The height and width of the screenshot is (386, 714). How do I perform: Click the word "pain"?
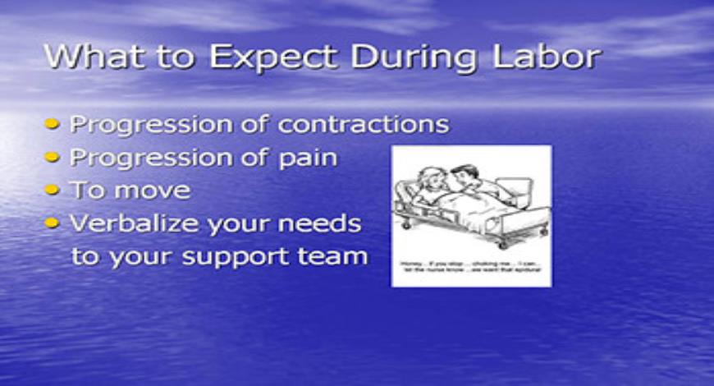pos(309,158)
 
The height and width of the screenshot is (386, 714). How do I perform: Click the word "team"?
pos(332,255)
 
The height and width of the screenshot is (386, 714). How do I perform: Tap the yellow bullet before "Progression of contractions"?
pos(53,125)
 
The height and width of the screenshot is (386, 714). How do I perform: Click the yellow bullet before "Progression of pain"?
pos(53,158)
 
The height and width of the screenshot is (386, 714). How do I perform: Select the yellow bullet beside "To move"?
pos(53,191)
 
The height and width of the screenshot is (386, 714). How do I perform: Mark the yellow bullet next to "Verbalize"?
pos(53,223)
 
